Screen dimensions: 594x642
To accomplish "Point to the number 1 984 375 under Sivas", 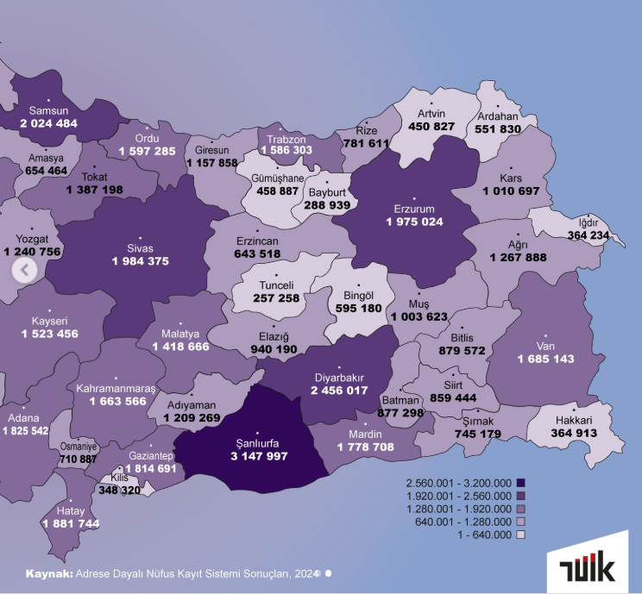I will [x=140, y=261].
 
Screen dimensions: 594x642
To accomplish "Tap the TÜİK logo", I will [x=587, y=569].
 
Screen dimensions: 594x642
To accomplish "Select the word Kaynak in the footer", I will [x=49, y=572].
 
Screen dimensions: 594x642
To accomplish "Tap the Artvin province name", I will [x=431, y=114].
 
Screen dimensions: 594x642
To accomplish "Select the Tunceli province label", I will [x=278, y=285].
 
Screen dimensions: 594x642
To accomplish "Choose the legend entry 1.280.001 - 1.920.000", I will [x=458, y=509].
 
